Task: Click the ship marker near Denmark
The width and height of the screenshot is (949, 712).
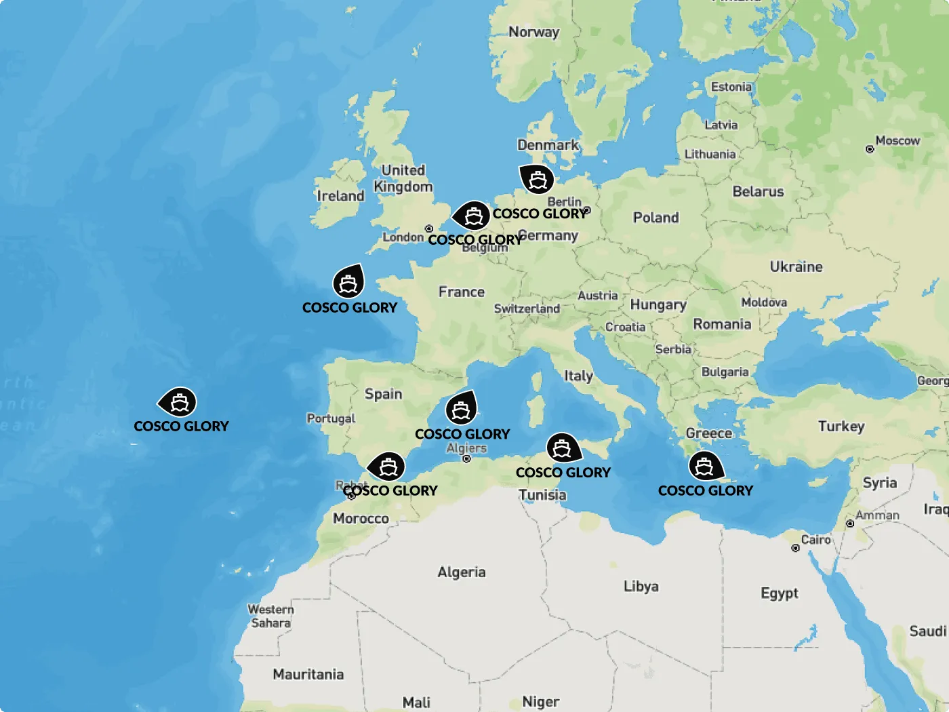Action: coord(537,180)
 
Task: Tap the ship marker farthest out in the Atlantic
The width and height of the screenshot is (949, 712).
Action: coord(179,403)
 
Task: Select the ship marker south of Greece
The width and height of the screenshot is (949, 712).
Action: coord(705,467)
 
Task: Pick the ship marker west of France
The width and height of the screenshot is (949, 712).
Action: coord(348,283)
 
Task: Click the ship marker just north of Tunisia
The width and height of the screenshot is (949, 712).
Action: coord(562,448)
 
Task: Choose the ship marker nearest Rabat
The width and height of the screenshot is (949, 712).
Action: coord(388,467)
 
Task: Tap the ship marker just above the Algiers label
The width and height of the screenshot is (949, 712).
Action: coord(461,410)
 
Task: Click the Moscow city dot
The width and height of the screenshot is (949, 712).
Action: coord(870,149)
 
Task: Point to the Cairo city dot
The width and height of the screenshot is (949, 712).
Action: coord(796,548)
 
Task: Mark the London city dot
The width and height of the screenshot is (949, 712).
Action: coord(428,229)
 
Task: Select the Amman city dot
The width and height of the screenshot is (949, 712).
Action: coord(850,523)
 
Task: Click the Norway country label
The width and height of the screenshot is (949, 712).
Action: coord(533,32)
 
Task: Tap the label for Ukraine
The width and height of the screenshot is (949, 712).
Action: coord(796,266)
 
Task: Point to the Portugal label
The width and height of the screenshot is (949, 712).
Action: coord(331,418)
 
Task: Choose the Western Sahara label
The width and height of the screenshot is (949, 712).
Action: coord(270,616)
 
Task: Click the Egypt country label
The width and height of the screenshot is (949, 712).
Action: coord(779,593)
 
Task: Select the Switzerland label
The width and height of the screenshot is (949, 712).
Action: coord(527,309)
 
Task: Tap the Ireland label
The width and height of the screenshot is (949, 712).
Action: coord(340,196)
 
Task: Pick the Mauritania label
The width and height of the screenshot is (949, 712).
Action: coord(308,674)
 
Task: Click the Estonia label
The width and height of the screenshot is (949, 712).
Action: coord(731,87)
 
